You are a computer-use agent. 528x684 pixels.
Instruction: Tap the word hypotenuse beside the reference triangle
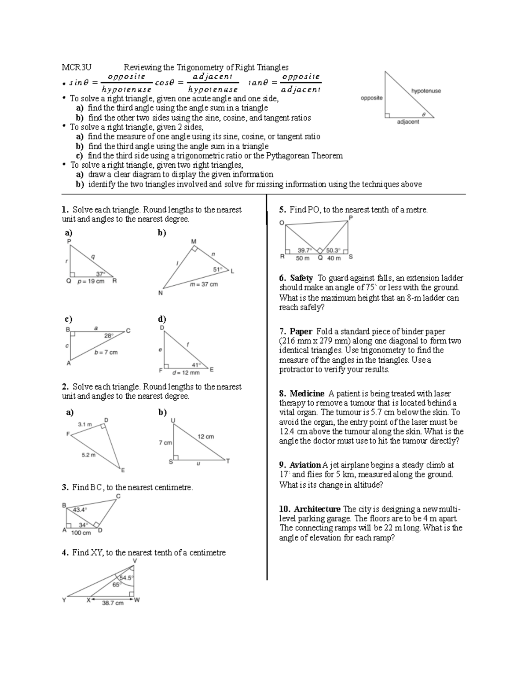(425, 91)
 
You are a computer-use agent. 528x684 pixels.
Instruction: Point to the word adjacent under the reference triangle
(408, 122)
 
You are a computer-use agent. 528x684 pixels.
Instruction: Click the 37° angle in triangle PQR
(101, 273)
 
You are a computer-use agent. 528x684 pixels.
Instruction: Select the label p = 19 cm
(91, 281)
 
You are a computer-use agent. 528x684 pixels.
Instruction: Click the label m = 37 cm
(204, 284)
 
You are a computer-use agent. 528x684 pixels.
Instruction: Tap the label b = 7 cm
(106, 352)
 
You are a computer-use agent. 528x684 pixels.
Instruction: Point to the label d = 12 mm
(186, 373)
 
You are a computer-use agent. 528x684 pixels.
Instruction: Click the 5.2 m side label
(88, 455)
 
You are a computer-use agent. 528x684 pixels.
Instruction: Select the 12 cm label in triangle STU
(205, 437)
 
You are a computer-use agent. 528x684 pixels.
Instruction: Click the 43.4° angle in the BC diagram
(80, 510)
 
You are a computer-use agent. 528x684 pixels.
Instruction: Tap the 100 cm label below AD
(81, 533)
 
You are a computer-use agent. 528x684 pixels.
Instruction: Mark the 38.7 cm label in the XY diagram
(113, 603)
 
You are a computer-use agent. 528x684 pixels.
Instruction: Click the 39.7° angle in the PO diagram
(304, 250)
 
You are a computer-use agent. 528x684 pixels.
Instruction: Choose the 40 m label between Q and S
(334, 258)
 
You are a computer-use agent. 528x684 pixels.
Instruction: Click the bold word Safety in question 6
(301, 278)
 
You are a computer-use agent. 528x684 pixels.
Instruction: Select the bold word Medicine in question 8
(307, 393)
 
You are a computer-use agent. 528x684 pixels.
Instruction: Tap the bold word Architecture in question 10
(317, 509)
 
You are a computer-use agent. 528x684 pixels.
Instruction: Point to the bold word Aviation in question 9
(305, 465)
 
